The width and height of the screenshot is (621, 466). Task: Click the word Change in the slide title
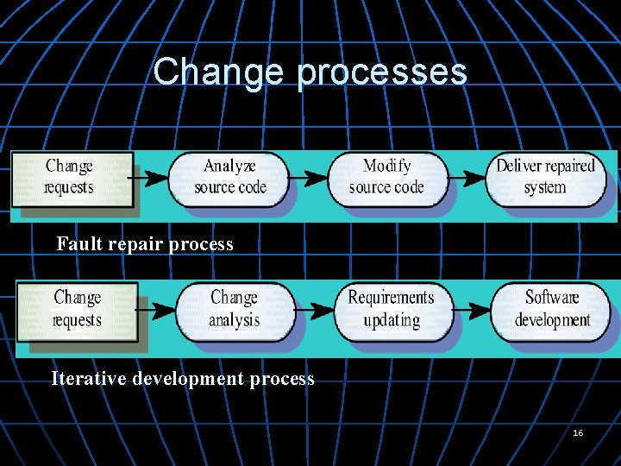coord(219,72)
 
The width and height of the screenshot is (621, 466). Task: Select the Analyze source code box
coord(229,177)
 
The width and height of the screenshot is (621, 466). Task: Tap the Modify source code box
coord(386,177)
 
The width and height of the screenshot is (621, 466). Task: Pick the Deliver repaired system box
coord(545,177)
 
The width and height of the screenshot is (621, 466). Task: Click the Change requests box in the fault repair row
coord(71,177)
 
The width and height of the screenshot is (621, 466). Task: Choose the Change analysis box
coord(234,309)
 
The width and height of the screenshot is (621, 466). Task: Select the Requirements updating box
coord(391,309)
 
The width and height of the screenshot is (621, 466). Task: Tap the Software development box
coord(552,309)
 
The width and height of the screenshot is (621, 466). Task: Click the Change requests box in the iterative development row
coord(78,309)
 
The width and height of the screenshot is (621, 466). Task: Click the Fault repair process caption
coord(145,244)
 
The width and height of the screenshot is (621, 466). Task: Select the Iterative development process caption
coord(183,379)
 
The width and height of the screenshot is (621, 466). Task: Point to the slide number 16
coord(578,431)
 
